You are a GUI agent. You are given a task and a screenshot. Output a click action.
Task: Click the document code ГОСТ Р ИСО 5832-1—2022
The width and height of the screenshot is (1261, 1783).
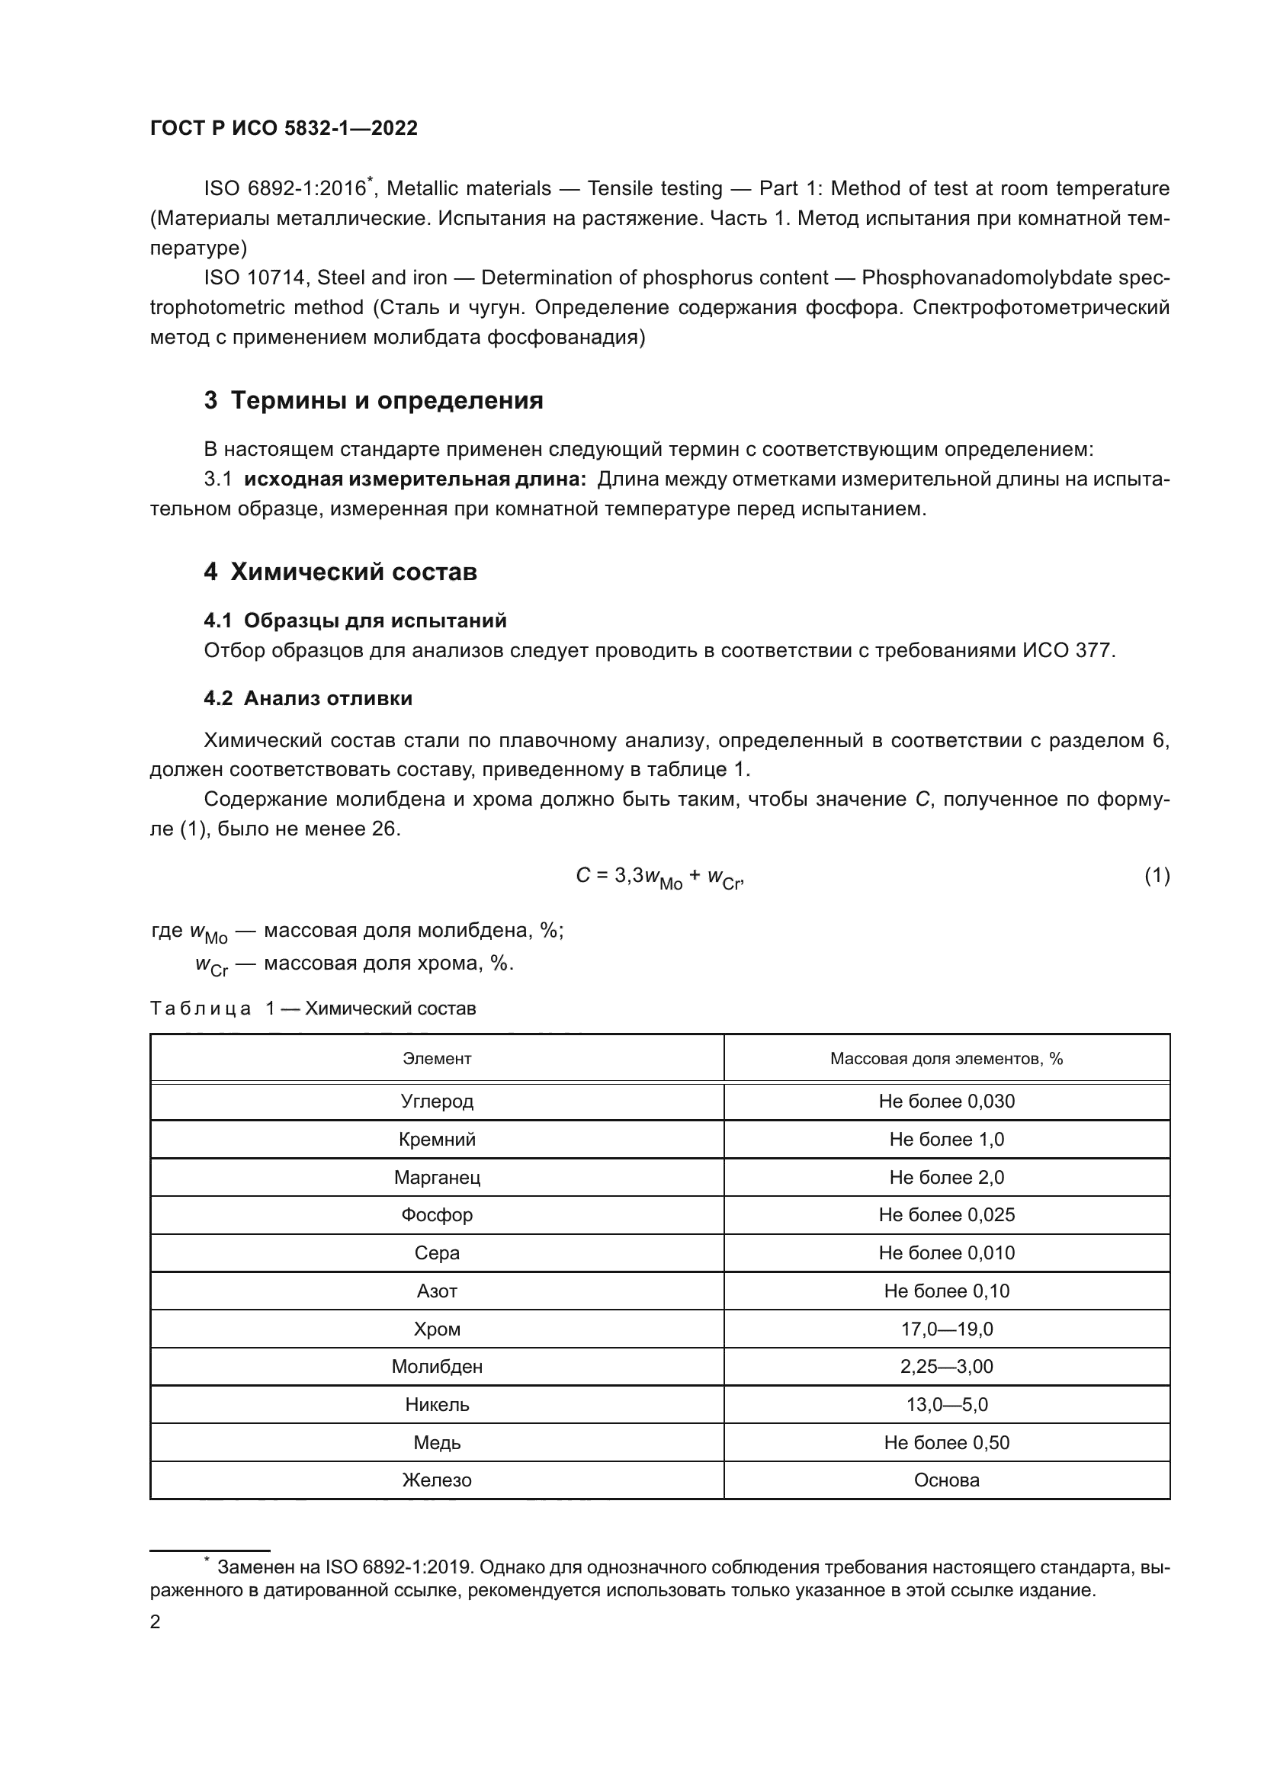(284, 129)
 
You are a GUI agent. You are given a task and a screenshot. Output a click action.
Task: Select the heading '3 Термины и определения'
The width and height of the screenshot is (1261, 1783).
(374, 401)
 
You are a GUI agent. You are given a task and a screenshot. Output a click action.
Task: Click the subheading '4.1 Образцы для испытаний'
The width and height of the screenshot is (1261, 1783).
(355, 621)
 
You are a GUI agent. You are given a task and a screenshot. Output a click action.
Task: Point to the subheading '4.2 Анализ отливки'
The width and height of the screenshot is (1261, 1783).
(307, 698)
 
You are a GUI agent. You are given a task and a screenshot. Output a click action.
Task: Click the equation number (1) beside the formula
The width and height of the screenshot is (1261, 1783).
(1157, 876)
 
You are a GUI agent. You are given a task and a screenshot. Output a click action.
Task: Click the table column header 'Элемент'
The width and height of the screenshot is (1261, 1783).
(436, 1059)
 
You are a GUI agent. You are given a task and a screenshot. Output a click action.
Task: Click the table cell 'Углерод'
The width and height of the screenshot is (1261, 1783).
(436, 1102)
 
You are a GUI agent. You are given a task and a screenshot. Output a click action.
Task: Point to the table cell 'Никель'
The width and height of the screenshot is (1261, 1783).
(436, 1404)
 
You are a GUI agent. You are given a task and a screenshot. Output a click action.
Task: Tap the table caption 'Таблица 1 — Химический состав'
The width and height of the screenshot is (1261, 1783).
(312, 1009)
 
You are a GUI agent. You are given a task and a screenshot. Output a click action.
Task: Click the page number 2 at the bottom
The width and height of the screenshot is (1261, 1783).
(156, 1622)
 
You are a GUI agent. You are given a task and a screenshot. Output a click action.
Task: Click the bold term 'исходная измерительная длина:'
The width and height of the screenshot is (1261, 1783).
(415, 479)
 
